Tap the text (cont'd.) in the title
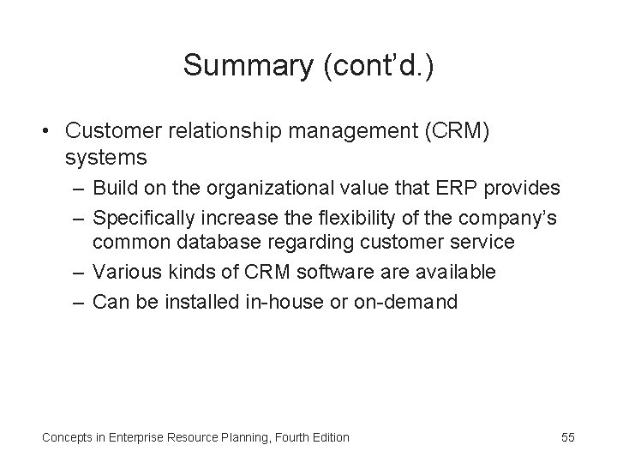click(x=380, y=66)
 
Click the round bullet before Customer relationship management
click(x=49, y=131)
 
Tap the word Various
click(x=126, y=272)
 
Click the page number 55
click(x=568, y=437)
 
